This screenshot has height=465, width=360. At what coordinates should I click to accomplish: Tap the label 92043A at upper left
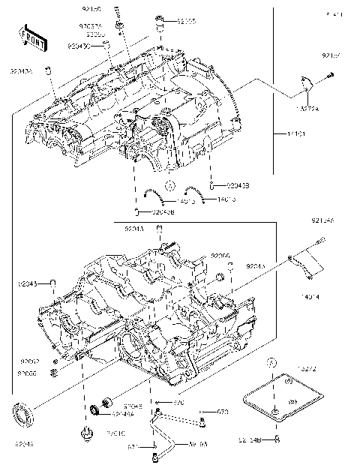pos(20,71)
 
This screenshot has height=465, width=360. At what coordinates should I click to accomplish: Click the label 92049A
pos(123,413)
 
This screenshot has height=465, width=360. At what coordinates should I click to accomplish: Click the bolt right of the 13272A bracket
pos(330,76)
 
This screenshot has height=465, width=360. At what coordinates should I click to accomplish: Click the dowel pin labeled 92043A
pos(47,71)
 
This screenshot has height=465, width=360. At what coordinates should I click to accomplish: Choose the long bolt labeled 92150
pos(119,30)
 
